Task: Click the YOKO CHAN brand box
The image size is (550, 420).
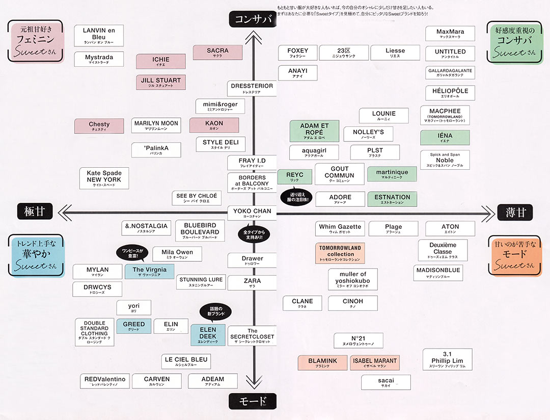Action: click(x=252, y=213)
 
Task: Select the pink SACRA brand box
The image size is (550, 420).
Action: click(x=217, y=52)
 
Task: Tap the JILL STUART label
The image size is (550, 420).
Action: click(x=160, y=82)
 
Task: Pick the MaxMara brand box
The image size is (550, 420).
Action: click(x=450, y=34)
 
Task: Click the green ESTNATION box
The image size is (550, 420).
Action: click(x=392, y=199)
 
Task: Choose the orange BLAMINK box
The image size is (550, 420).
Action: click(x=322, y=362)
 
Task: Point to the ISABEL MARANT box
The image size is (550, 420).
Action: click(x=374, y=362)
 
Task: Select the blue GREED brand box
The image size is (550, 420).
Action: click(x=134, y=326)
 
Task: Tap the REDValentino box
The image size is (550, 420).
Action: click(x=105, y=381)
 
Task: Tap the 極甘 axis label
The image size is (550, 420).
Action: click(x=35, y=212)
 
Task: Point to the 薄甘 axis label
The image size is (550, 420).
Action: click(x=515, y=212)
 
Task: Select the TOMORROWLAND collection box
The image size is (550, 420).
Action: click(x=340, y=253)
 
